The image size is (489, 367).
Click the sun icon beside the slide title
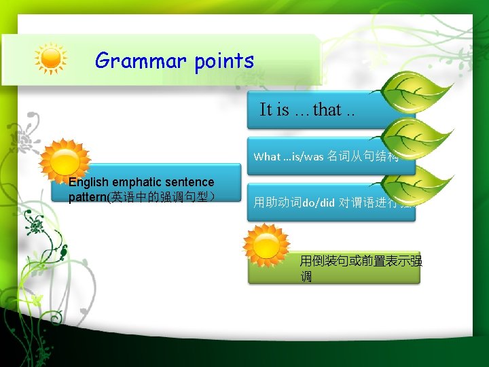coord(51,60)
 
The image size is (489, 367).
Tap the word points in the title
coord(223,62)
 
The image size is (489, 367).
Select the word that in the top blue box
coord(327,110)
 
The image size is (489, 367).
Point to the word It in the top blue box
coord(266,110)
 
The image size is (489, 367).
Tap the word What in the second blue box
coord(267,156)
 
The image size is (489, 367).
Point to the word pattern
coord(88,197)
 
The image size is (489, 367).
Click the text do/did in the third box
coord(319,202)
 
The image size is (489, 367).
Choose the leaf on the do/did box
coord(421,183)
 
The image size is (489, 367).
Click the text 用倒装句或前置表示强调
coord(361,269)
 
